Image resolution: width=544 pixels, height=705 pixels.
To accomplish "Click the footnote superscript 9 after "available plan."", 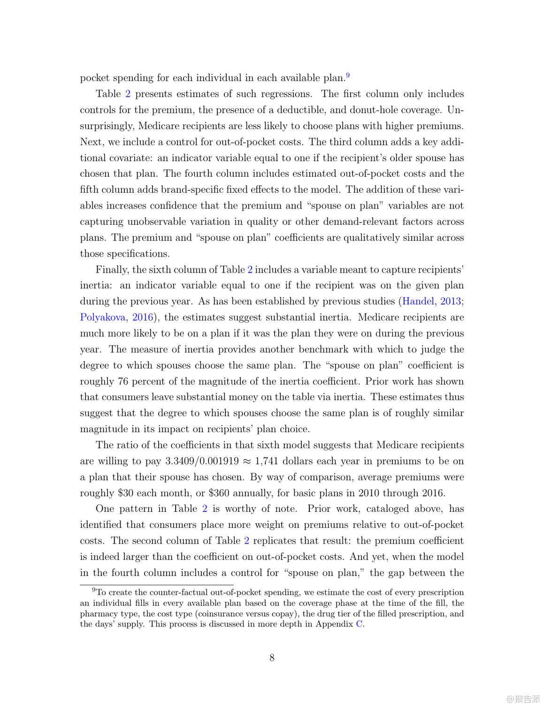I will click(348, 75).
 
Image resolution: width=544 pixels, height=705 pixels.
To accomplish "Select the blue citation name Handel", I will click(418, 301).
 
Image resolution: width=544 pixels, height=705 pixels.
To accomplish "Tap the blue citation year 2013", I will click(451, 301).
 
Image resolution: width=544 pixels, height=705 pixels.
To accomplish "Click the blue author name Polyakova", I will click(102, 317).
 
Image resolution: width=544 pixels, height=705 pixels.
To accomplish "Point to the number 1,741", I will click(267, 461).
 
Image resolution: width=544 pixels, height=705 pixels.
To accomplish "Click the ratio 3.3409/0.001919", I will click(202, 461).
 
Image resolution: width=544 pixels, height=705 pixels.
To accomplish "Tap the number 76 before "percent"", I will click(123, 381).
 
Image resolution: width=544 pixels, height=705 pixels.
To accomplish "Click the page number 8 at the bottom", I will click(272, 658).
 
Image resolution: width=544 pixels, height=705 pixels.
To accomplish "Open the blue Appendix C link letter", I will click(359, 624).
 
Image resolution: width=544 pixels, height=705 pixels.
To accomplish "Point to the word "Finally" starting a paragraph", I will click(111, 270).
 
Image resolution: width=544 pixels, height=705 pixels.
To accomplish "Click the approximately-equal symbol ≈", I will click(247, 461).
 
